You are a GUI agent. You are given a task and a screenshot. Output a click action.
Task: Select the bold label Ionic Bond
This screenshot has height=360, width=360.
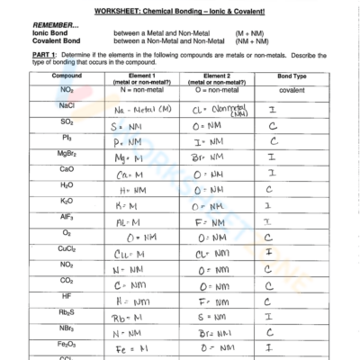(48, 34)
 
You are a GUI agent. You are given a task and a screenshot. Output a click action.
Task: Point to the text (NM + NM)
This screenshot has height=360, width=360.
(262, 41)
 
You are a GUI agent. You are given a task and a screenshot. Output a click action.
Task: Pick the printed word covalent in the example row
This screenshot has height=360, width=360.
(290, 91)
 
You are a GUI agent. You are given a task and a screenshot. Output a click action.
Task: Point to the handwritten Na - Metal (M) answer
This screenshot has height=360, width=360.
(144, 109)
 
